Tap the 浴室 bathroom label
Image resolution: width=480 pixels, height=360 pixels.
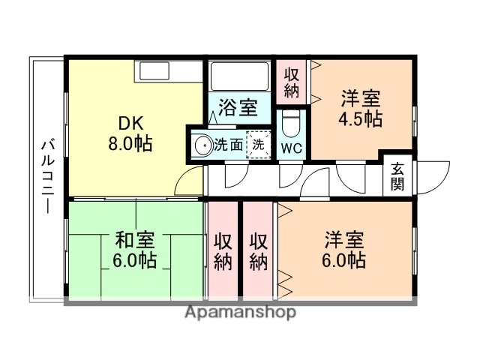click(x=238, y=108)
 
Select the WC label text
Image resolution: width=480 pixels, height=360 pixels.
click(x=292, y=148)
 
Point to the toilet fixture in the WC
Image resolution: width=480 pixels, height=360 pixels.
click(x=292, y=122)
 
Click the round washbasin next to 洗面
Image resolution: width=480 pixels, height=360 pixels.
click(x=202, y=145)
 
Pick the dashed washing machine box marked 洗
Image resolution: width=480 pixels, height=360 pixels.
click(x=257, y=145)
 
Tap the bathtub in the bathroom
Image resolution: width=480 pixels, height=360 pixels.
click(x=239, y=76)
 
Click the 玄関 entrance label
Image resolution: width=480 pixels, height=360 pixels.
click(x=397, y=177)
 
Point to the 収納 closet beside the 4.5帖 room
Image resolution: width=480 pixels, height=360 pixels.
click(x=292, y=82)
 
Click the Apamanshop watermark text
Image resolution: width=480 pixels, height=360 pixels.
click(x=240, y=312)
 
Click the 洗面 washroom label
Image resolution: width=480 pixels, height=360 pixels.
click(x=229, y=145)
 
